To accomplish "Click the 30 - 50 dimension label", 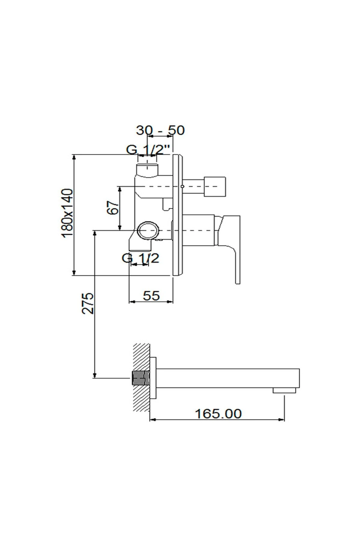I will coord(160,130).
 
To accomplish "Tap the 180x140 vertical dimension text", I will coord(67,213).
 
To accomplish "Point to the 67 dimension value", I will coord(113,207).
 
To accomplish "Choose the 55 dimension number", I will coord(151,296).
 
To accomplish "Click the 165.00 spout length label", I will coord(218,414).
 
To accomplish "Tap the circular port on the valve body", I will coord(148,231).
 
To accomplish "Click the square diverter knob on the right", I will coord(215,187).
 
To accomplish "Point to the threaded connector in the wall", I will coord(141,378).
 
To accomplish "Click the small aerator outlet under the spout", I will coord(284,390).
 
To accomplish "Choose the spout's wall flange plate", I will coord(153,378).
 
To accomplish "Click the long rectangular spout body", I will coord(226,378).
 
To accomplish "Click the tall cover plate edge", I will coord(178,215).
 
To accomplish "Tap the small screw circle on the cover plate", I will coord(182,187).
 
